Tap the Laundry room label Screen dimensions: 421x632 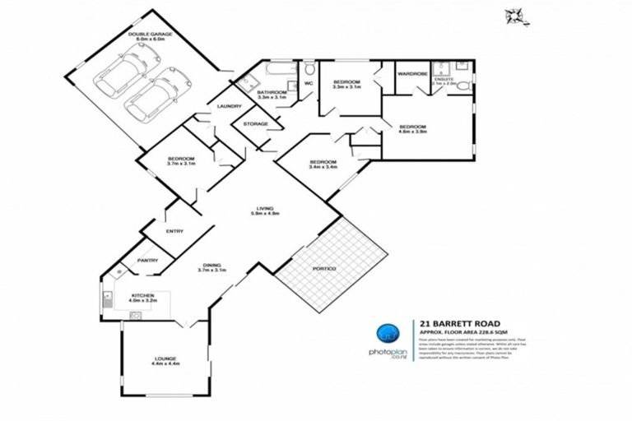(229, 107)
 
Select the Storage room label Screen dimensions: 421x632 (256, 124)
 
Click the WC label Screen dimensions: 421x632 (309, 83)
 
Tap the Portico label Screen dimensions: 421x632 (325, 269)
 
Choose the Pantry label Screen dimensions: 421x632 (147, 261)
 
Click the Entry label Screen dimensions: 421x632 (174, 231)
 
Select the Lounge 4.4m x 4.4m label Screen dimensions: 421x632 (165, 361)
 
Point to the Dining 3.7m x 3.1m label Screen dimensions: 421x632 (211, 266)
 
